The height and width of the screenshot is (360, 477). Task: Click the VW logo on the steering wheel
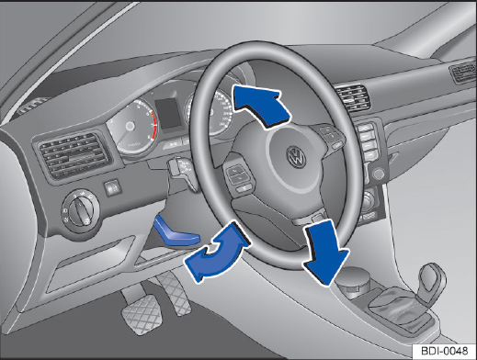[296, 157]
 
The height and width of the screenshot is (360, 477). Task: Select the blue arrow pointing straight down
[326, 253]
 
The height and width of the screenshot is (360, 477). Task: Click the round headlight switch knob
[80, 210]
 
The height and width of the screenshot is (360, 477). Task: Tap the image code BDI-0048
[445, 351]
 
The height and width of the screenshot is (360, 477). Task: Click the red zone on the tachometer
[154, 124]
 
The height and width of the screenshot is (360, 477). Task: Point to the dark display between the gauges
[168, 113]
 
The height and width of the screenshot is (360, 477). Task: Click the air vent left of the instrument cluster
[74, 155]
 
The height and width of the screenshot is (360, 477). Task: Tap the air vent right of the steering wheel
[352, 98]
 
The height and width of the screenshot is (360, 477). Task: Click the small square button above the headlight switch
[112, 187]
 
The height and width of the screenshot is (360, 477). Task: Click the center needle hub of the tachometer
[131, 126]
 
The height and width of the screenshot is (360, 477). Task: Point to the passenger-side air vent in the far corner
[462, 73]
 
